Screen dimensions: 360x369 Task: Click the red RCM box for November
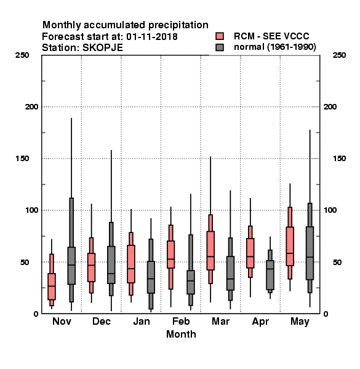point(52,287)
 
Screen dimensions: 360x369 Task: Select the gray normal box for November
point(71,266)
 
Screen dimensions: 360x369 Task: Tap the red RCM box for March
point(210,250)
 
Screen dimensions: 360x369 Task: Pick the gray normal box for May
point(310,253)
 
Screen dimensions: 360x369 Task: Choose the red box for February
point(170,254)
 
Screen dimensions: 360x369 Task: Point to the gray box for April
point(270,275)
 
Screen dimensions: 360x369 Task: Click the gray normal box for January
point(151,277)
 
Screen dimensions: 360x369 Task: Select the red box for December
point(91,268)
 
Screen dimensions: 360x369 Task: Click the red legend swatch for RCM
point(220,36)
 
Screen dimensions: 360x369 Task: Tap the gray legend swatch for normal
point(220,47)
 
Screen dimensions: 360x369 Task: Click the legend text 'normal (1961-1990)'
point(274,47)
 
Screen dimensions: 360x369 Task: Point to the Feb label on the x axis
point(181,321)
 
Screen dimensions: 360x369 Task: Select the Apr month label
point(260,322)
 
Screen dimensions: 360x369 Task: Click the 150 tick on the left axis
point(22,159)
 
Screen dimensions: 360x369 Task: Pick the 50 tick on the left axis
point(25,262)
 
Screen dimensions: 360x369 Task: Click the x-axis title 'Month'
point(181,334)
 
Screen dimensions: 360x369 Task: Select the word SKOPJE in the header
point(103,48)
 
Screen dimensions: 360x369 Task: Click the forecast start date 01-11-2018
point(152,37)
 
